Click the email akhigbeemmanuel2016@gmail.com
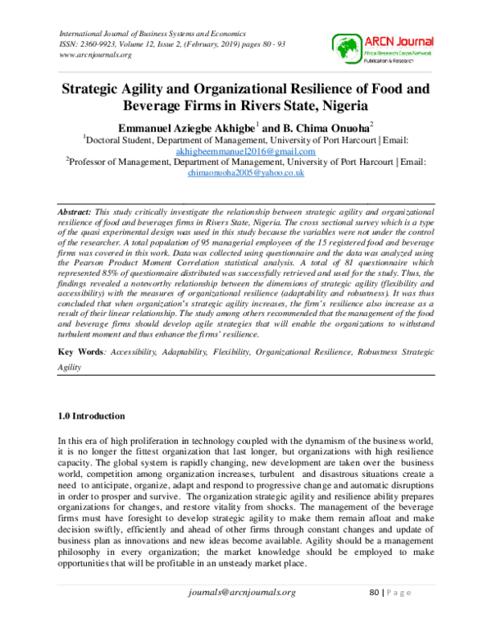click(245, 152)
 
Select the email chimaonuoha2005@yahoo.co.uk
click(246, 174)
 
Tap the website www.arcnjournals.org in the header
click(97, 55)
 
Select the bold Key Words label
click(82, 351)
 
